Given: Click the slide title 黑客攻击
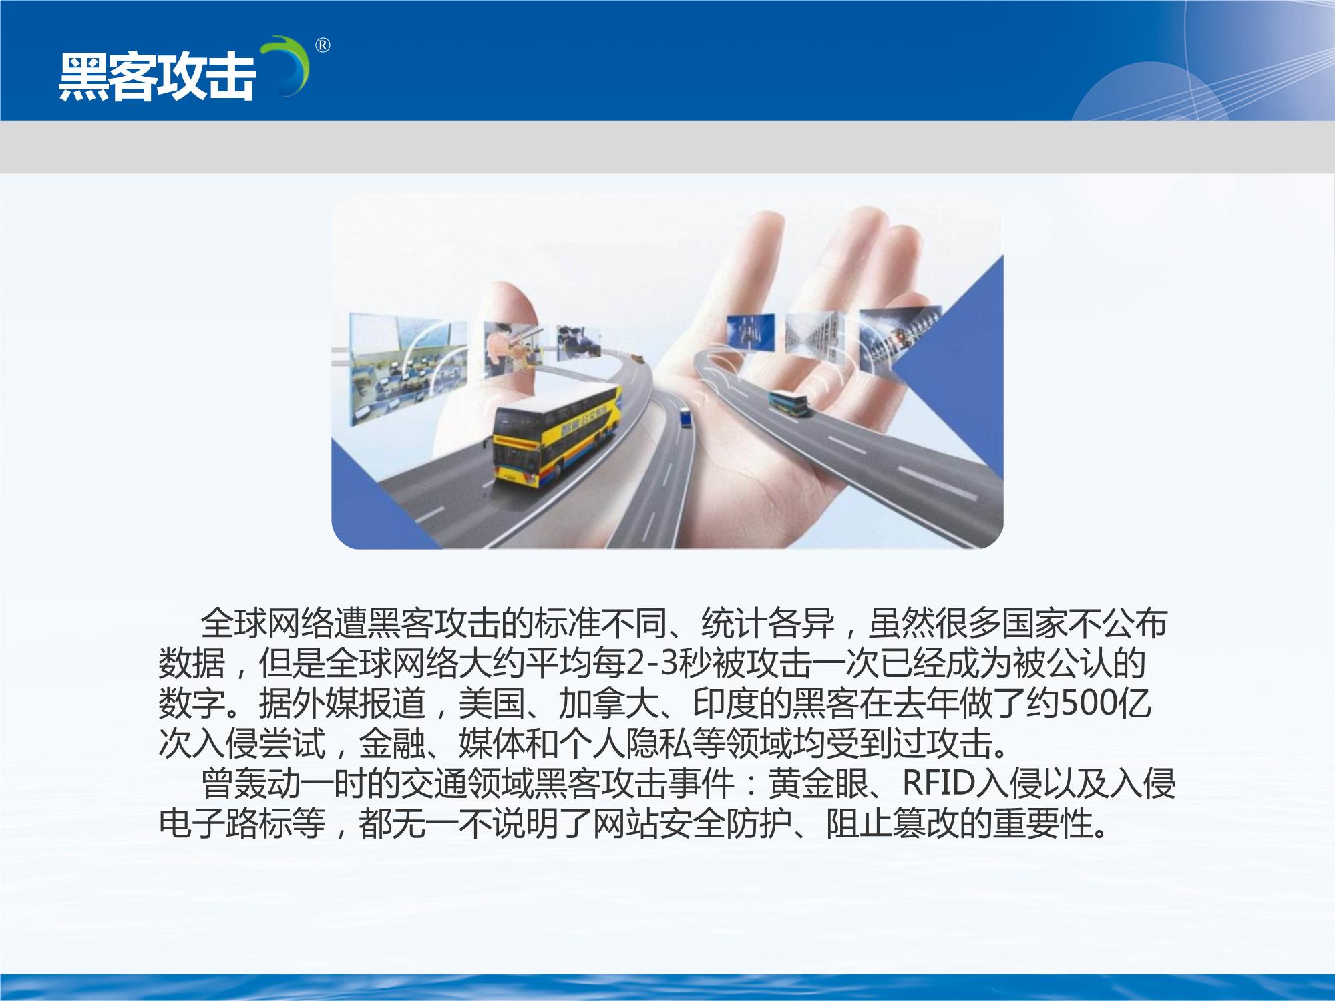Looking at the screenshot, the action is tap(157, 77).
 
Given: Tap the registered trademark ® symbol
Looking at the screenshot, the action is tap(322, 45).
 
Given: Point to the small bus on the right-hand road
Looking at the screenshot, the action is tap(788, 403).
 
